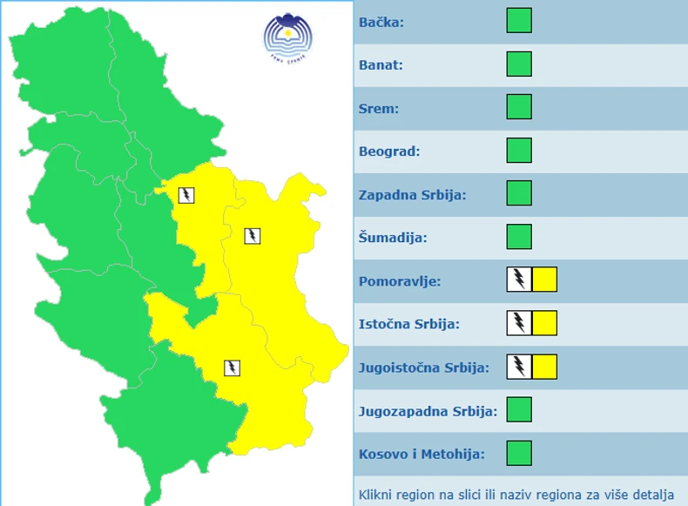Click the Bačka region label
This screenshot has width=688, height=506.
pyautogui.click(x=381, y=22)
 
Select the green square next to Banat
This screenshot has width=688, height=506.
pyautogui.click(x=519, y=64)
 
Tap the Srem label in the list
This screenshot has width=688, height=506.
pyautogui.click(x=379, y=108)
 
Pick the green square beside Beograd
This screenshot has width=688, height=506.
pyautogui.click(x=519, y=151)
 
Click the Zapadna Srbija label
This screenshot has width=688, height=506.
pyautogui.click(x=413, y=194)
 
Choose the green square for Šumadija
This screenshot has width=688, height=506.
pyautogui.click(x=519, y=237)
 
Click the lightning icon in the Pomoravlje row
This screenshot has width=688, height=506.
pyautogui.click(x=519, y=280)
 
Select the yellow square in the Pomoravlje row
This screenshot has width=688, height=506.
pyautogui.click(x=545, y=280)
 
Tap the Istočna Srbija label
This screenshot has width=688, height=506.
pyautogui.click(x=409, y=324)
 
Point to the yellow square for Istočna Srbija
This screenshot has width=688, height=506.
pyautogui.click(x=545, y=323)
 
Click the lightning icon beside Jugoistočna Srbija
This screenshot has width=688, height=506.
pyautogui.click(x=519, y=366)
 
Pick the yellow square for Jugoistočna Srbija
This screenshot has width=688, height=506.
pyautogui.click(x=545, y=366)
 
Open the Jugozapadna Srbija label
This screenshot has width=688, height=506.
pyautogui.click(x=428, y=410)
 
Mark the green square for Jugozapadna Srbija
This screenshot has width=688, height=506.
pyautogui.click(x=519, y=409)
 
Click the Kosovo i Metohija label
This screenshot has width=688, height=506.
pyautogui.click(x=421, y=454)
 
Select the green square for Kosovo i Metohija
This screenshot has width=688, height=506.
pyautogui.click(x=519, y=453)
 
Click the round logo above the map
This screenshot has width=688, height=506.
pyautogui.click(x=287, y=37)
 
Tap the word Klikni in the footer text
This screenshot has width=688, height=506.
pyautogui.click(x=379, y=495)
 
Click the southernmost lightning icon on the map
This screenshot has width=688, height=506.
pyautogui.click(x=232, y=368)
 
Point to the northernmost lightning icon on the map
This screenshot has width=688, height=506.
pyautogui.click(x=186, y=194)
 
